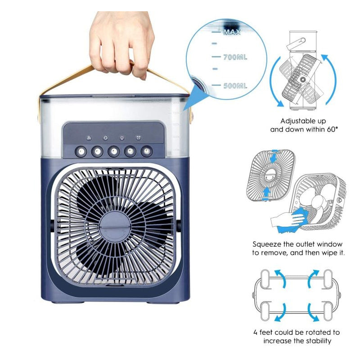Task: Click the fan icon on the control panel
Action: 89,139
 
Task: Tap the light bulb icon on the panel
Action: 121,139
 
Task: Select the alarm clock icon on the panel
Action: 138,139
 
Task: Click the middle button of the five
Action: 113,151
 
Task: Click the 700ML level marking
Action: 235,58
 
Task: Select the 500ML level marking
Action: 235,85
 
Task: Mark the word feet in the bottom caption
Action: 268,333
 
